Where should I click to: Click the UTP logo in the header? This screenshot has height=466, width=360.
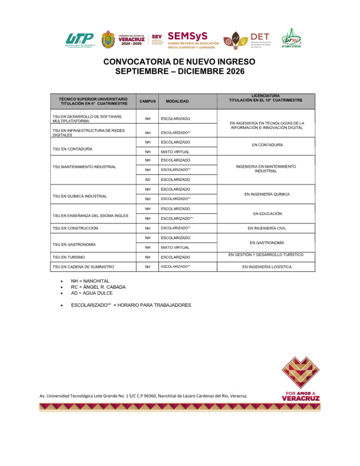tap(80, 40)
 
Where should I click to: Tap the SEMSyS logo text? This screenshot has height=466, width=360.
tap(188, 35)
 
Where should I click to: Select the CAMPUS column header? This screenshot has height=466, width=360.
tap(147, 101)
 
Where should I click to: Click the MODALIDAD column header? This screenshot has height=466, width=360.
tap(177, 101)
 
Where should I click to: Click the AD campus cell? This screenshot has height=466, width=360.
tap(147, 180)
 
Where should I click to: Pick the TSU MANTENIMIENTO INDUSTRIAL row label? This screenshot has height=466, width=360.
tap(84, 167)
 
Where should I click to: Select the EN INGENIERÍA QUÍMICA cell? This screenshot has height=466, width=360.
tap(267, 194)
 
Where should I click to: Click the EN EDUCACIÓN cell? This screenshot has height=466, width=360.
tap(267, 213)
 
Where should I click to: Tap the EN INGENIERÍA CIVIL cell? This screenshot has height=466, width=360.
tap(267, 228)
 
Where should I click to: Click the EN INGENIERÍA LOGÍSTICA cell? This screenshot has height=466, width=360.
tap(267, 267)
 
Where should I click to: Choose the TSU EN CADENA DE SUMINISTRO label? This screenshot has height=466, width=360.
tap(83, 267)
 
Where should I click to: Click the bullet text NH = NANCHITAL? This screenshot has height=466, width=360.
tap(90, 281)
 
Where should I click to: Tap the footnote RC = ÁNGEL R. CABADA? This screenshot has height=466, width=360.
tap(98, 287)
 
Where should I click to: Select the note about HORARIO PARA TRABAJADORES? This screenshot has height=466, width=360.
tap(131, 305)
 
